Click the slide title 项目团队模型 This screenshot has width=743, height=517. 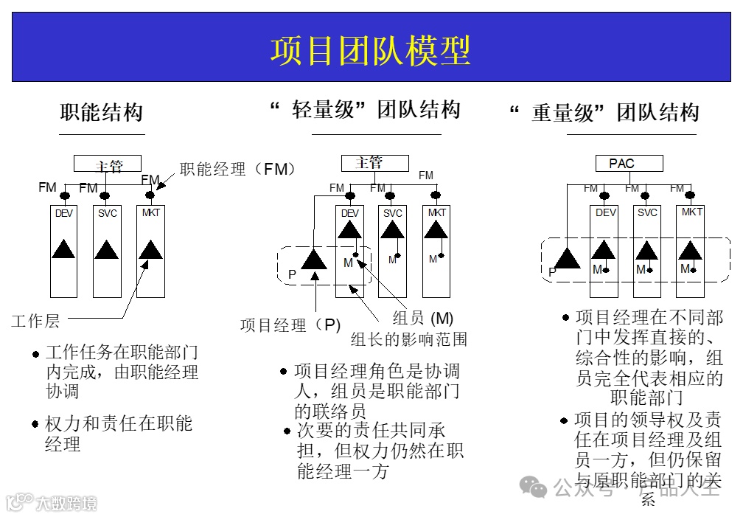[x=370, y=51]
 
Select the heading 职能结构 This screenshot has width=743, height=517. [x=102, y=113]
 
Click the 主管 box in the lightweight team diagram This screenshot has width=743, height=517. [x=374, y=163]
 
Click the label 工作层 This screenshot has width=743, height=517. [x=35, y=321]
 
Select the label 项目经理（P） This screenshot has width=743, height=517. [x=290, y=325]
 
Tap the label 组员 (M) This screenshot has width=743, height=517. [x=422, y=319]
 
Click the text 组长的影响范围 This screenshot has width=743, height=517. [x=408, y=339]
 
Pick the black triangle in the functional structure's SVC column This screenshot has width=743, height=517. [x=107, y=249]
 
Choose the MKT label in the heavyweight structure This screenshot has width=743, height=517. [x=692, y=212]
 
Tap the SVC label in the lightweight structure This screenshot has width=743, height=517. [x=393, y=213]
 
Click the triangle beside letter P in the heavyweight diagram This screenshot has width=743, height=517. [x=567, y=258]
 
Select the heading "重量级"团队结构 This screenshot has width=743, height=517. [x=604, y=113]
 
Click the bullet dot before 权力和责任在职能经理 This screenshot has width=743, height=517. [x=36, y=424]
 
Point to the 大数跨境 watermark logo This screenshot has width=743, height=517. [x=52, y=503]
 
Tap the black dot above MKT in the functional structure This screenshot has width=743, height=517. [x=150, y=195]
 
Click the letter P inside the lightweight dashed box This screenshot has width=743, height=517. [x=292, y=275]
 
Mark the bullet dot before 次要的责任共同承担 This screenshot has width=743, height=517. [x=287, y=431]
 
